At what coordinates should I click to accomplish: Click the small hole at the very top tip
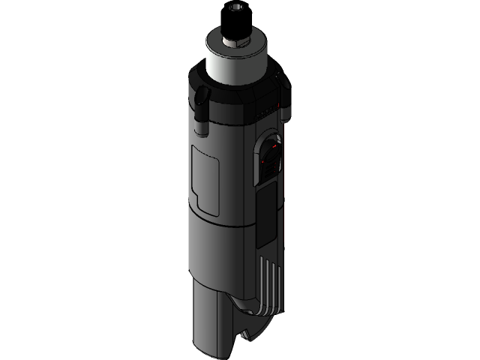[x=238, y=7]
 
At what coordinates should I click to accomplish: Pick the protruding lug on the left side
[x=201, y=96]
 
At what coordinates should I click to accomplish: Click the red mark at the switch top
[x=274, y=148]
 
